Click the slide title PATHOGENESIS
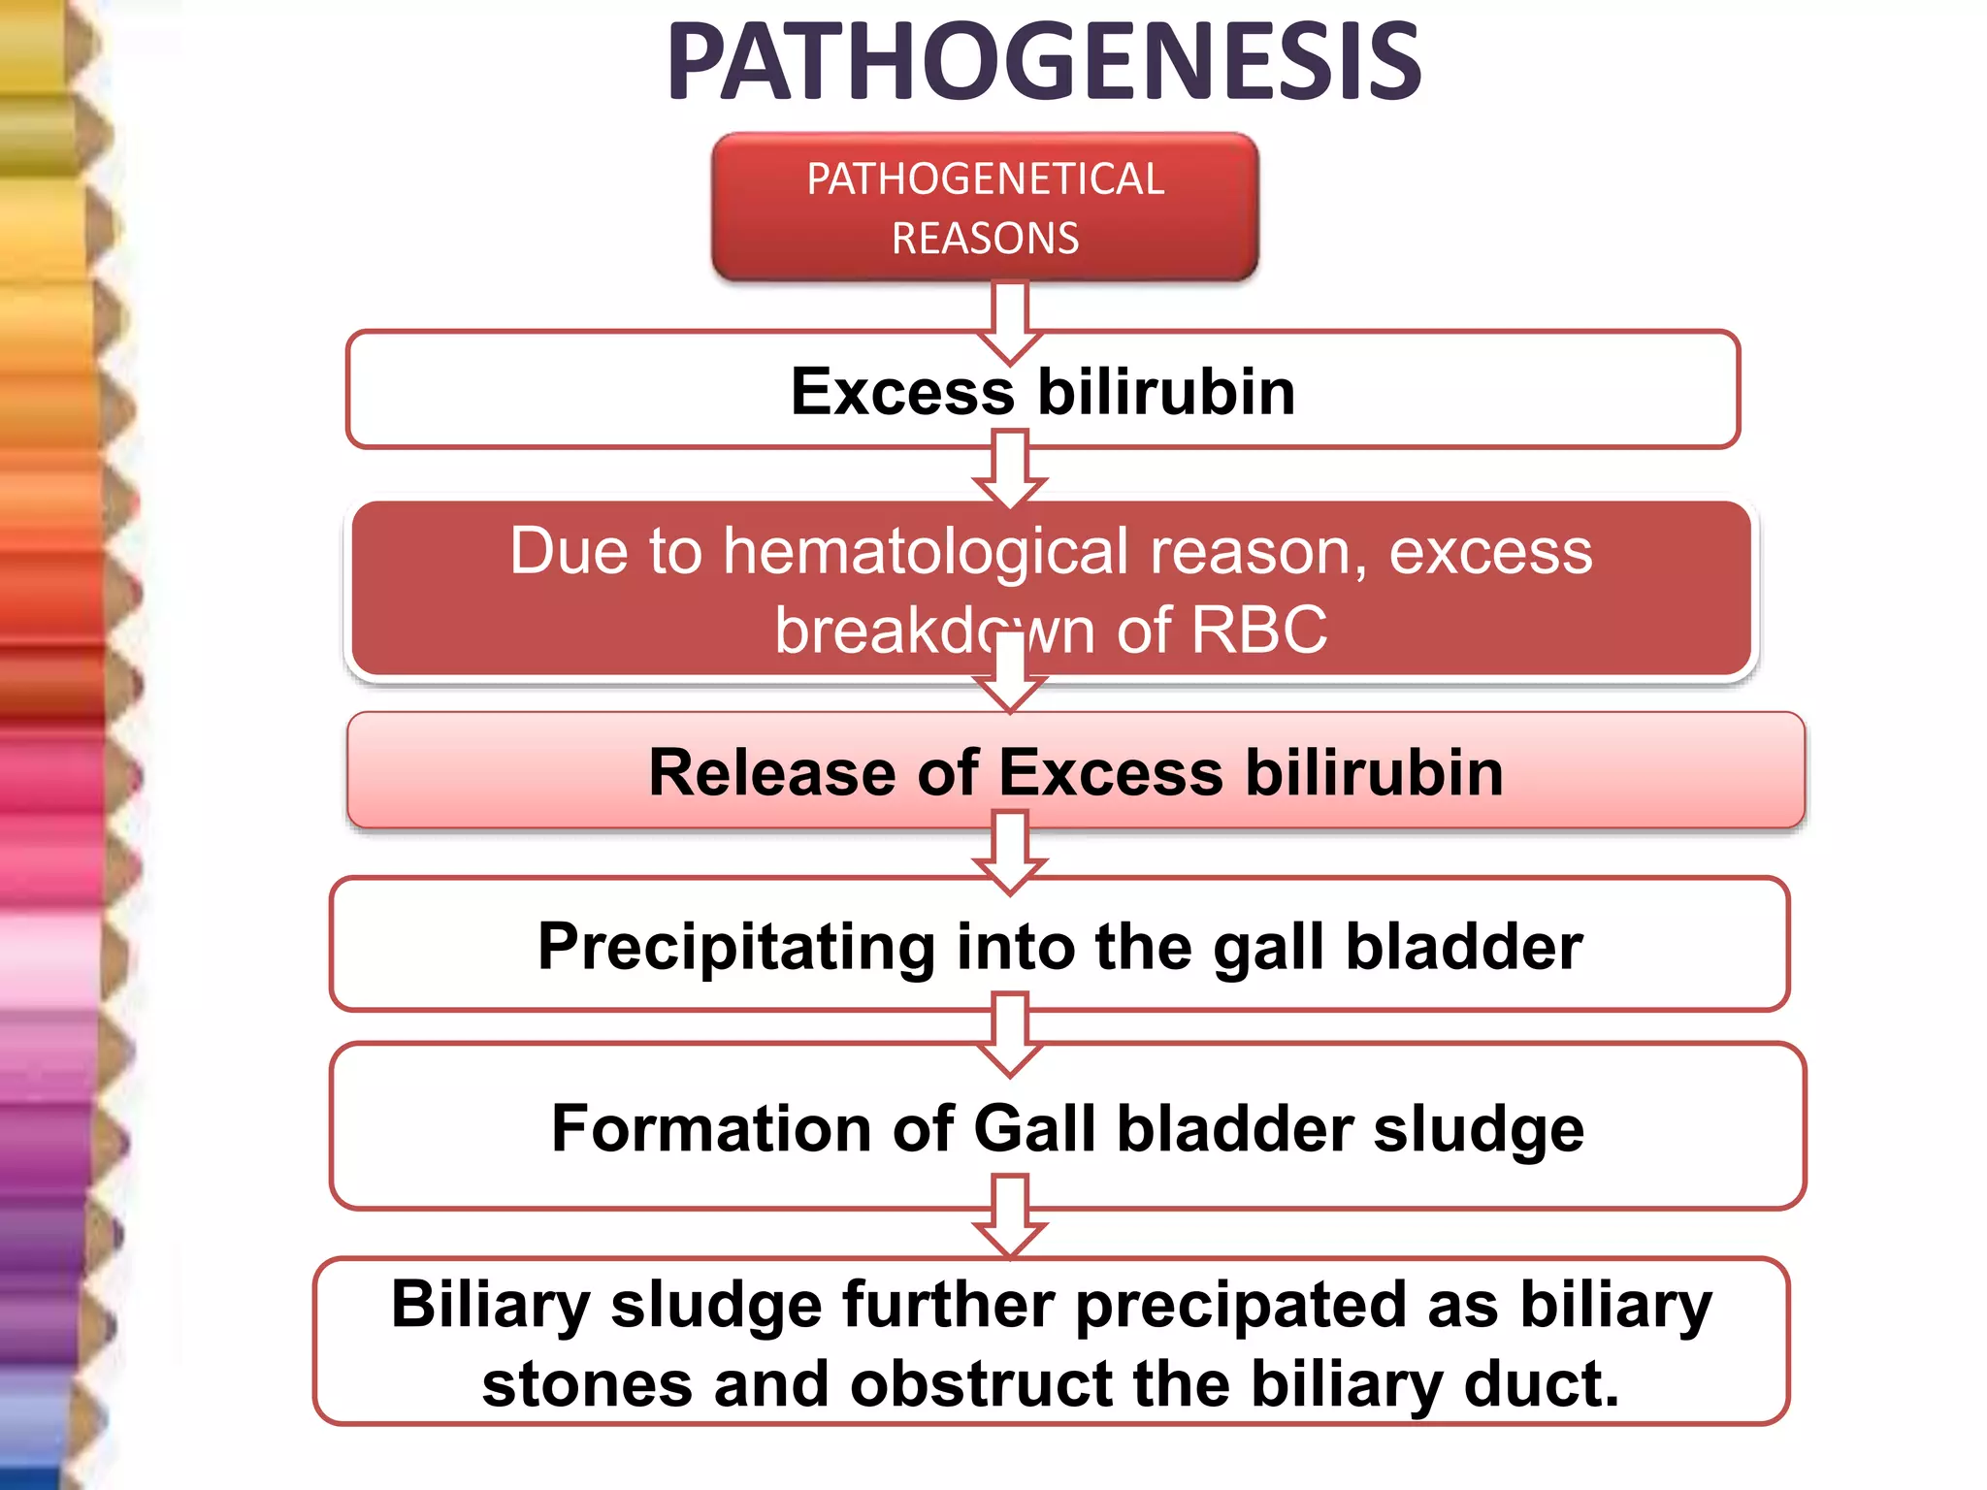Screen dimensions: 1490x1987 point(1043,63)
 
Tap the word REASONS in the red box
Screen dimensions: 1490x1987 point(985,239)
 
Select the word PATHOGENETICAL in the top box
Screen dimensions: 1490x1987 point(985,179)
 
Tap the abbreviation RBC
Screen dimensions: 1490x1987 point(1258,631)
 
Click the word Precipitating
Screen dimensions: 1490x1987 point(736,947)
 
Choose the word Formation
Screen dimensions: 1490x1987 point(711,1129)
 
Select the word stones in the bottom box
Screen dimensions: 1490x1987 point(587,1384)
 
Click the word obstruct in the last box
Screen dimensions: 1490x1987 point(981,1384)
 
